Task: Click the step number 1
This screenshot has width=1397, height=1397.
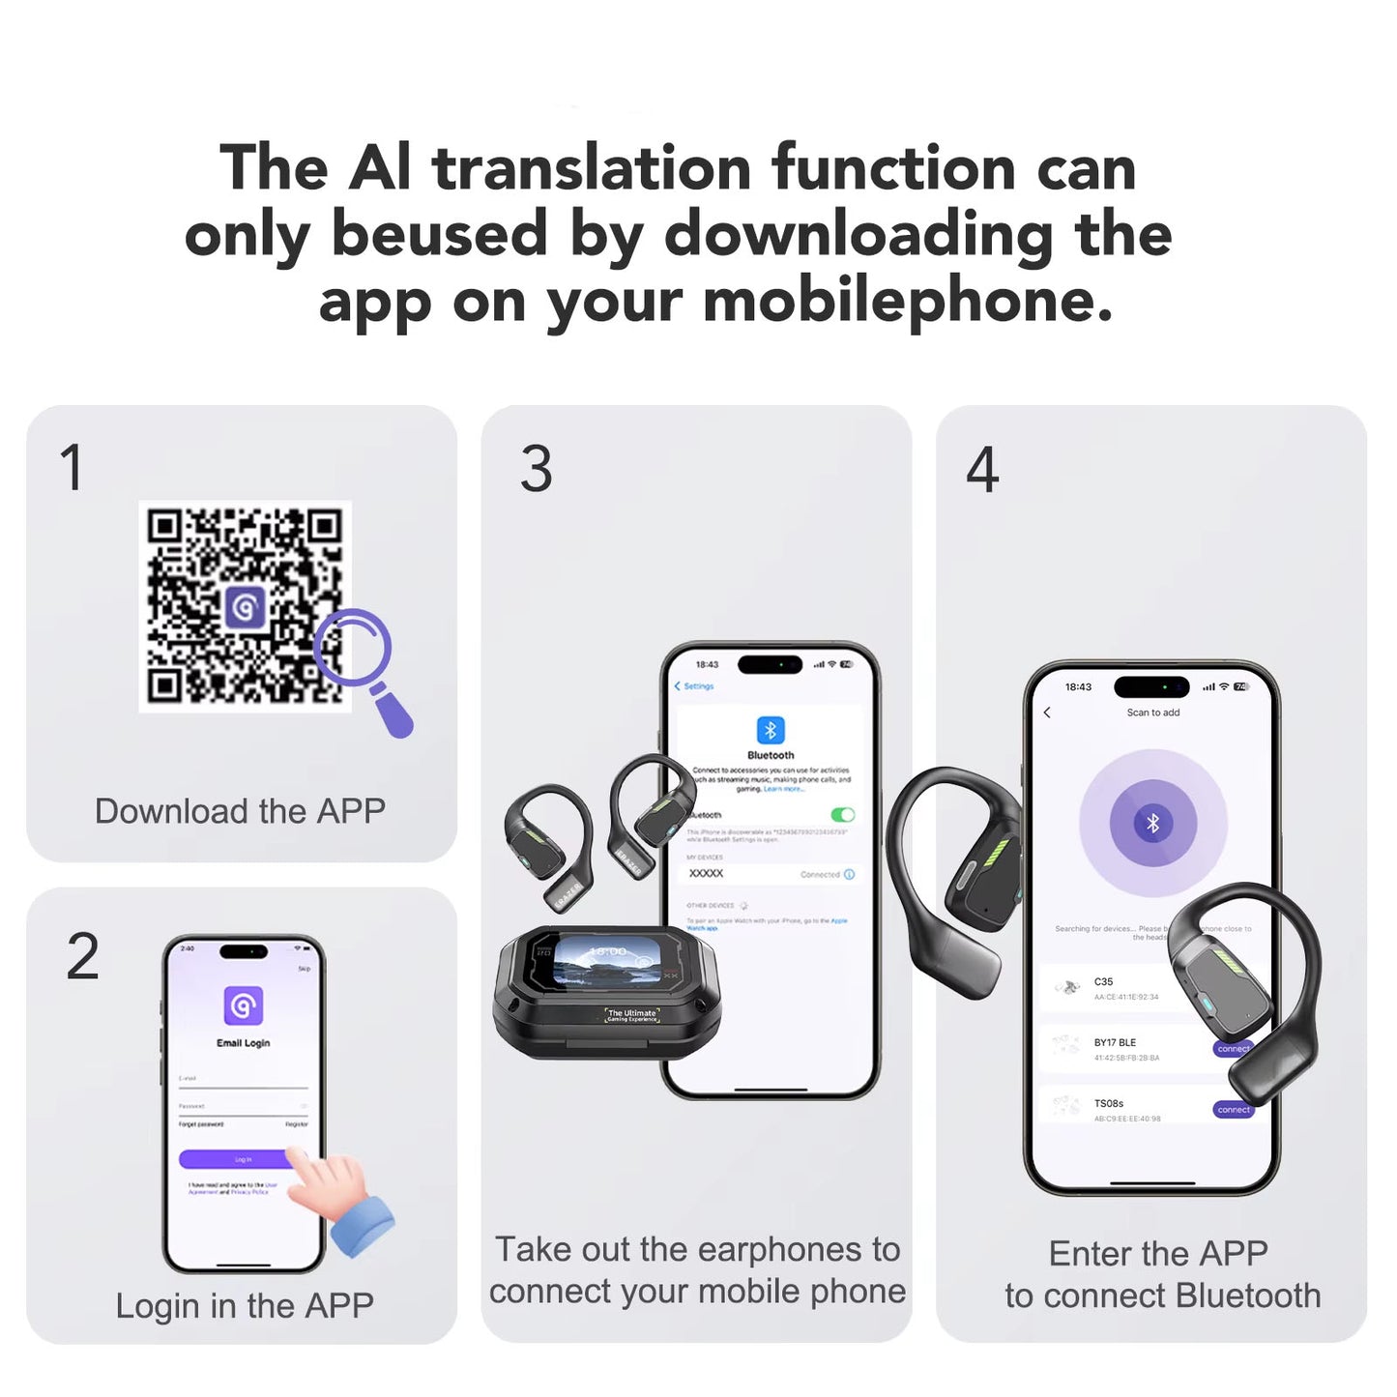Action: coord(72,468)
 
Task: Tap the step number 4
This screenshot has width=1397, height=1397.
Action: coord(982,470)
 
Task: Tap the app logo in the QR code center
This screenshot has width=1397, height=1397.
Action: coord(245,608)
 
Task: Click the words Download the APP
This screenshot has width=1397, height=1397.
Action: coord(240,811)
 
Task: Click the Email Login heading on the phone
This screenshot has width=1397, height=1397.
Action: coord(243,1043)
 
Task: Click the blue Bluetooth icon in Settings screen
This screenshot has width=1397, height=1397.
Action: coord(771,730)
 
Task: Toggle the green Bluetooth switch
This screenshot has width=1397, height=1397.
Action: coord(842,815)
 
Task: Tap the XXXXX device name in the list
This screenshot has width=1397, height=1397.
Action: coord(706,873)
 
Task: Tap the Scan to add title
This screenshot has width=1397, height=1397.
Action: coord(1152,713)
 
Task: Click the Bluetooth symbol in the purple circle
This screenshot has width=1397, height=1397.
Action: coord(1152,824)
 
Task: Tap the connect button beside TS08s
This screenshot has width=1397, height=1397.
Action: coord(1233,1110)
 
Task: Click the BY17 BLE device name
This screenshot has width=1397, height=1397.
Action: coord(1115,1043)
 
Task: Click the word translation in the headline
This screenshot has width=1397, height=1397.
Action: coord(591,167)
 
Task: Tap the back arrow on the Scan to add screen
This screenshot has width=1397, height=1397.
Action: coord(1047,713)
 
